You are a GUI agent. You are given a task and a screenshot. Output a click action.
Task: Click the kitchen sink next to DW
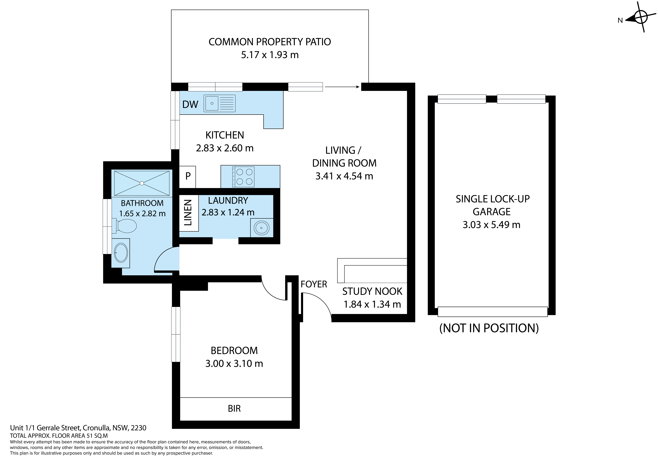click(x=220, y=103)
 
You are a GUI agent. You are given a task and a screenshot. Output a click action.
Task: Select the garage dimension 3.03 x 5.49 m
click(x=492, y=225)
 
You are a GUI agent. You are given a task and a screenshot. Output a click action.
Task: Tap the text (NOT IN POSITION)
click(x=489, y=328)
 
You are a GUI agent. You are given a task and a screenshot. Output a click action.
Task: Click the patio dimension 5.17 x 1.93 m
click(x=270, y=55)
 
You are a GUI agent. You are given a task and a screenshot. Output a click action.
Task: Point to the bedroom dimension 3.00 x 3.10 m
click(x=234, y=364)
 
